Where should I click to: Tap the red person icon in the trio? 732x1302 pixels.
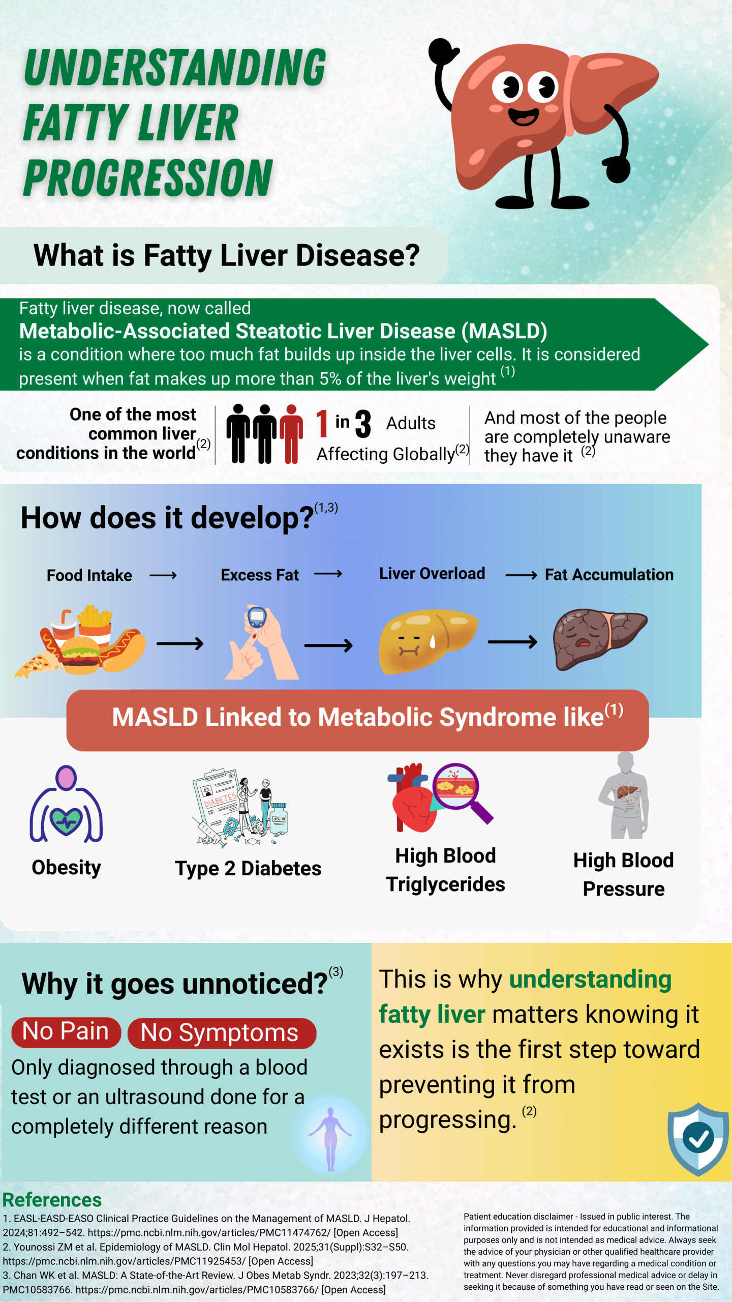tap(291, 433)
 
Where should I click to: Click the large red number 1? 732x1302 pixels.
tap(322, 424)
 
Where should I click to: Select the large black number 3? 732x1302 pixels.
tap(363, 424)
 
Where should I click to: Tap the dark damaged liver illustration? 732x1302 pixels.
tap(597, 638)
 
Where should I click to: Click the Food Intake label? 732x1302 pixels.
tap(89, 575)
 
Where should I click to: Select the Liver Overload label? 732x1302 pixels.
tap(432, 574)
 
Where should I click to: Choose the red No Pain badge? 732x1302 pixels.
tap(66, 1032)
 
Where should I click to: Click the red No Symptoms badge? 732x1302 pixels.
tap(221, 1033)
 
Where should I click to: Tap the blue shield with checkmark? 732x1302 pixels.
tap(698, 1139)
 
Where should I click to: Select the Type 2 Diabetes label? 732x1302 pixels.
tap(248, 869)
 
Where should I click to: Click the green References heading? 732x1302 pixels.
tap(52, 1200)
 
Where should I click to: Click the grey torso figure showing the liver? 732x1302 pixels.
tap(625, 796)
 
